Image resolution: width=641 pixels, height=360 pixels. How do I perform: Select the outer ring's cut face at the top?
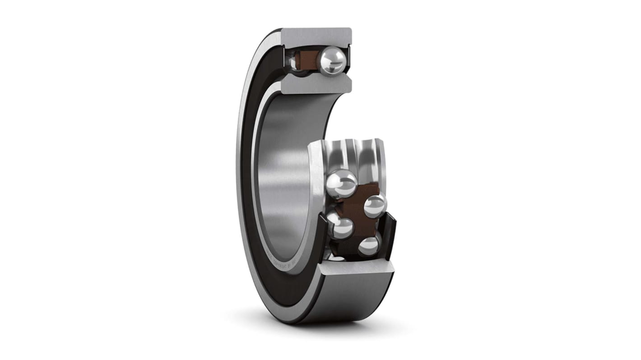(x=316, y=36)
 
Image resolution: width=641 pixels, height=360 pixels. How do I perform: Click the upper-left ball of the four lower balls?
(x=342, y=183)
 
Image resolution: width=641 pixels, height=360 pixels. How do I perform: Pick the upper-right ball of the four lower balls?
(x=375, y=206)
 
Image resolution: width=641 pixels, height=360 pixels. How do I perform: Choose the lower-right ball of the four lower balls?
(x=369, y=246)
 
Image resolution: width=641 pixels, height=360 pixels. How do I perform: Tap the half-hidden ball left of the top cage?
(x=294, y=61)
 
